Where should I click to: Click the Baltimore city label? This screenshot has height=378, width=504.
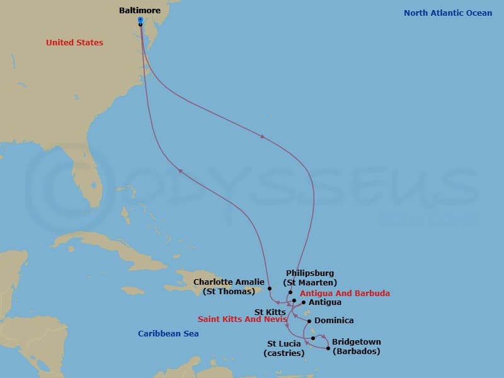(140, 11)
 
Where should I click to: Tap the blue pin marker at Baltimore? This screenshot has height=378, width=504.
(140, 20)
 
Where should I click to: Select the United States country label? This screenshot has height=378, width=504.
(74, 43)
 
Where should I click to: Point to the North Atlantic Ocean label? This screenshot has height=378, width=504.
(448, 13)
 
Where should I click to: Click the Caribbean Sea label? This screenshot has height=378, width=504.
(168, 334)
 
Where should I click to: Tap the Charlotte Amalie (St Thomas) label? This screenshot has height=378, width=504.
(229, 287)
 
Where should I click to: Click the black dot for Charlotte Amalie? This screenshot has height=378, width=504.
(270, 289)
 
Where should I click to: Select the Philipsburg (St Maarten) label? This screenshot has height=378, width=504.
(309, 278)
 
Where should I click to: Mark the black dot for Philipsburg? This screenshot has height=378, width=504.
(290, 292)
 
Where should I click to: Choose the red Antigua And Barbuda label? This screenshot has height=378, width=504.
(345, 294)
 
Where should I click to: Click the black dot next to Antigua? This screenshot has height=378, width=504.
(304, 302)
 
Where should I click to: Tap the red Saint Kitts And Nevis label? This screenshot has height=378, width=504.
(243, 319)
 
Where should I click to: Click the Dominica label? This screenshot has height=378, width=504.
(334, 321)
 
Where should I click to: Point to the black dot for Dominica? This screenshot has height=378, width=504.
(310, 321)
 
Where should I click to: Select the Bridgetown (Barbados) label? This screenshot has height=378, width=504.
(357, 346)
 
